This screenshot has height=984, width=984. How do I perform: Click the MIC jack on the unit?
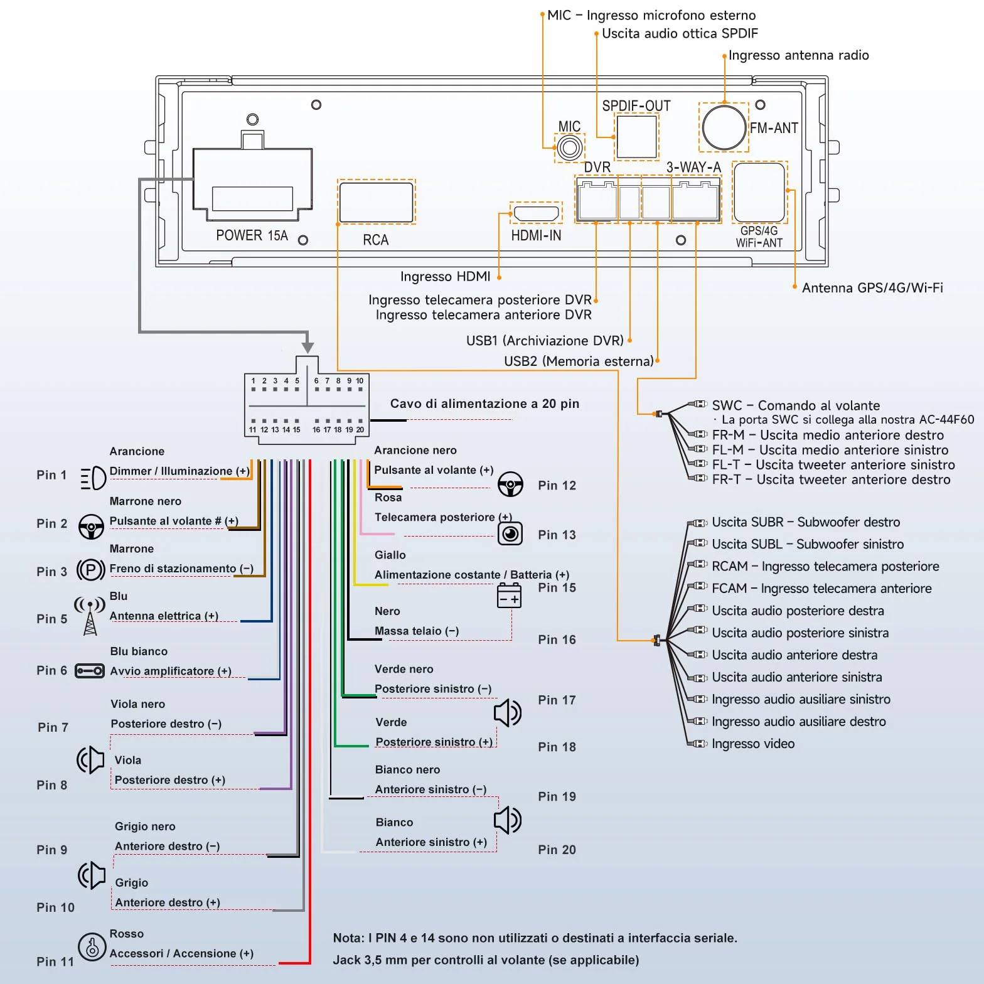pyautogui.click(x=570, y=148)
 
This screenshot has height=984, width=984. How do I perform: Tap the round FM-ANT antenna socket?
pyautogui.click(x=724, y=127)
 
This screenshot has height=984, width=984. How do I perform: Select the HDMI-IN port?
pyautogui.click(x=536, y=213)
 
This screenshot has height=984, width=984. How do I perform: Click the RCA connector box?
pyautogui.click(x=376, y=201)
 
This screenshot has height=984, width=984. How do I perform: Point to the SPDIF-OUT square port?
pyautogui.click(x=636, y=137)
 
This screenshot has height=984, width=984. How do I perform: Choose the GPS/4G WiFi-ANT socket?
pyautogui.click(x=759, y=192)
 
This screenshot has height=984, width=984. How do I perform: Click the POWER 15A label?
pyautogui.click(x=252, y=235)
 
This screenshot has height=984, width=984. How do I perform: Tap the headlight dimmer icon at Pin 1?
pyautogui.click(x=93, y=478)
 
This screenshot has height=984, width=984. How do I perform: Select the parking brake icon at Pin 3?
pyautogui.click(x=90, y=570)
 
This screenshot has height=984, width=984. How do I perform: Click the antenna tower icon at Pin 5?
pyautogui.click(x=90, y=616)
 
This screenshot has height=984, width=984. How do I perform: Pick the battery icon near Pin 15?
pyautogui.click(x=509, y=596)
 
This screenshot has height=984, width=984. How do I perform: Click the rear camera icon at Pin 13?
pyautogui.click(x=510, y=533)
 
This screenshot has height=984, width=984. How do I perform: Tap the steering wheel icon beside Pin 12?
pyautogui.click(x=510, y=484)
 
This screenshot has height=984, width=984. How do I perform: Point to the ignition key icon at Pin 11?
pyautogui.click(x=92, y=946)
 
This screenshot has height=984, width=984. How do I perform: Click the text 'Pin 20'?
pyautogui.click(x=557, y=850)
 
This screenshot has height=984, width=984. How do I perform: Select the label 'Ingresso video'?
pyautogui.click(x=753, y=744)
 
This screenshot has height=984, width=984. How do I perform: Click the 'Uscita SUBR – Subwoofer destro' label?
pyautogui.click(x=806, y=522)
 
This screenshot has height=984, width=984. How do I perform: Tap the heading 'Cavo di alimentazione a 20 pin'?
pyautogui.click(x=484, y=404)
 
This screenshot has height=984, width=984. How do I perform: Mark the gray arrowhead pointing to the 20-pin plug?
pyautogui.click(x=307, y=347)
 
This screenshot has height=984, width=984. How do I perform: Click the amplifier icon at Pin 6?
pyautogui.click(x=90, y=671)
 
